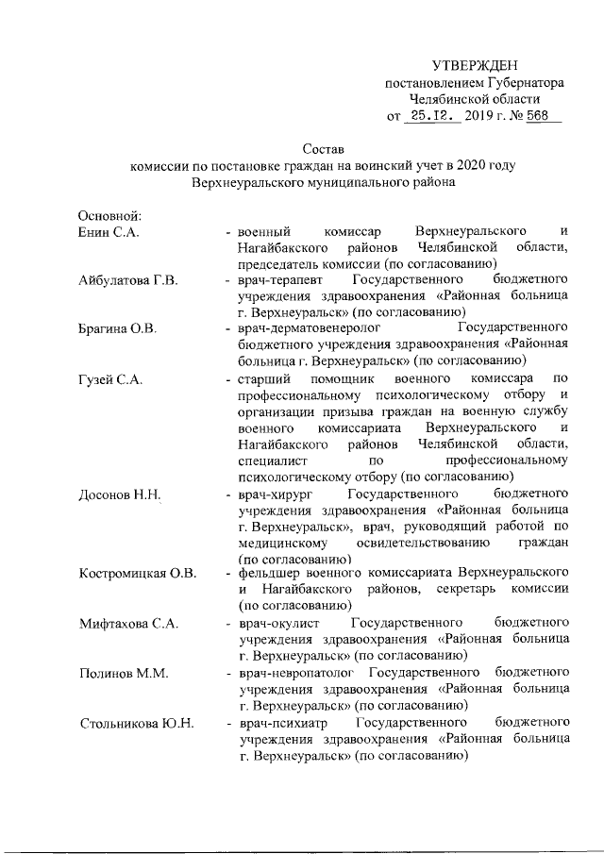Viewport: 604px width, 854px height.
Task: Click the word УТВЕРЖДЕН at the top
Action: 475,65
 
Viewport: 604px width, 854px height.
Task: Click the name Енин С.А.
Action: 108,232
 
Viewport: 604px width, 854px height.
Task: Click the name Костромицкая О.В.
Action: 136,574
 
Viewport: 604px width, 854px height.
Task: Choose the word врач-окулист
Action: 279,624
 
